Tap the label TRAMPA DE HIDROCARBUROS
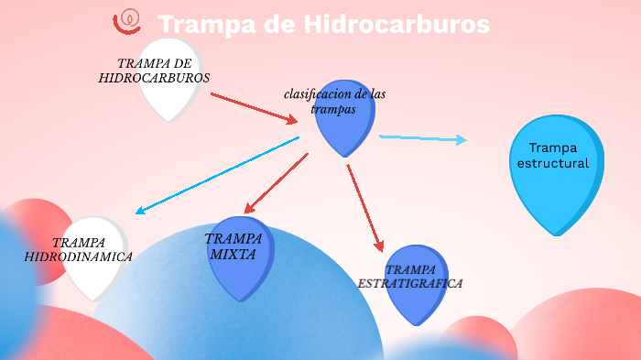[154, 71]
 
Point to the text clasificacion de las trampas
[333, 101]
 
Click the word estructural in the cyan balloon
[559, 163]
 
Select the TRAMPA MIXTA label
[234, 246]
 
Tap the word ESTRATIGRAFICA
[409, 284]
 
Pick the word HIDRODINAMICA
[78, 257]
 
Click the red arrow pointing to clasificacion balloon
[254, 107]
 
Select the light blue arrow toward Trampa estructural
[422, 138]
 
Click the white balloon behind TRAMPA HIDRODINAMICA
[92, 275]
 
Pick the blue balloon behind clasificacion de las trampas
[346, 128]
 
